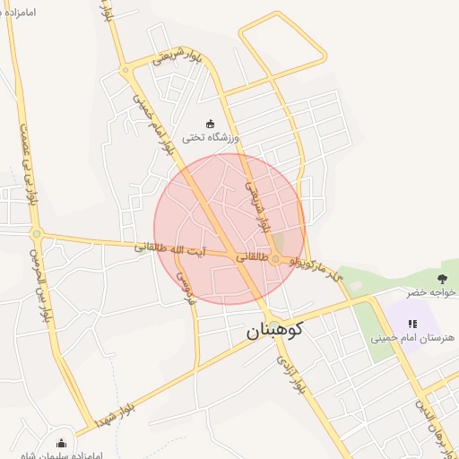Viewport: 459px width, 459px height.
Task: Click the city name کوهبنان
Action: [x=276, y=331]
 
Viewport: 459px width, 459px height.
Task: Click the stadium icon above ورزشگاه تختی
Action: [x=211, y=124]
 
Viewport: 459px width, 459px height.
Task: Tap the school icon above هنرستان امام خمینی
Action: [x=412, y=324]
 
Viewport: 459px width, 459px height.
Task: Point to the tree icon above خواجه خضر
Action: [x=442, y=277]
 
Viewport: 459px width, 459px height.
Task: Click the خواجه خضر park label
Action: [x=431, y=292]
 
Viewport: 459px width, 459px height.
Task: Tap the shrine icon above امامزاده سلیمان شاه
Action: [x=61, y=443]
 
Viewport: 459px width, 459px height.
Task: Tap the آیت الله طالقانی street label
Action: [x=170, y=248]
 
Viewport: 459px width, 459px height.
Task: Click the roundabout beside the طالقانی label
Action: [x=276, y=260]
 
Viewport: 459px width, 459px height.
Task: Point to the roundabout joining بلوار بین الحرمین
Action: [x=37, y=235]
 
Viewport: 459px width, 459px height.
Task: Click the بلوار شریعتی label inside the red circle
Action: [x=257, y=206]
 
